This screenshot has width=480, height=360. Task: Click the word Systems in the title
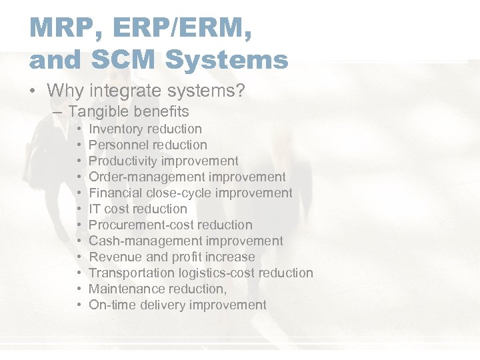click(227, 60)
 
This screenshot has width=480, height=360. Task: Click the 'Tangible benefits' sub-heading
click(129, 111)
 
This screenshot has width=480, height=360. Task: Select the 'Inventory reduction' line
click(145, 129)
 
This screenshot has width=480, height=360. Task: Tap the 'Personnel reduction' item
click(147, 145)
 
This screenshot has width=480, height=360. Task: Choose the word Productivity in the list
click(121, 161)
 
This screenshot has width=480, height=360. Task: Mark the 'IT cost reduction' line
click(137, 209)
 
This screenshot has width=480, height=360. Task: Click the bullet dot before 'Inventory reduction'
click(79, 129)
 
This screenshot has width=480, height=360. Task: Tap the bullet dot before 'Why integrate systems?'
click(34, 90)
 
